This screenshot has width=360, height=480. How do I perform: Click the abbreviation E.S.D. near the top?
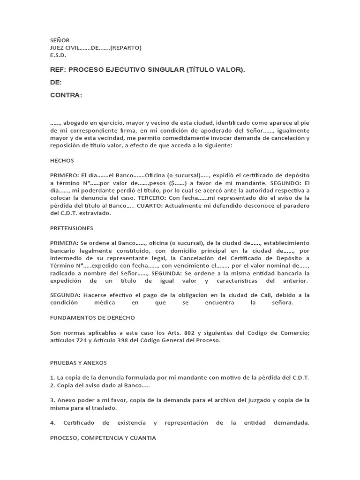[x=58, y=55]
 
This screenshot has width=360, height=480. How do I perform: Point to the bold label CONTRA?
[x=66, y=95]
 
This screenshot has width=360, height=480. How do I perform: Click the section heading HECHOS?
[x=62, y=160]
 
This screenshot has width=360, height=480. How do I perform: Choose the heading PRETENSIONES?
[x=72, y=228]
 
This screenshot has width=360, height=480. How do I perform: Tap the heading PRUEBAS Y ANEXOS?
[x=78, y=363]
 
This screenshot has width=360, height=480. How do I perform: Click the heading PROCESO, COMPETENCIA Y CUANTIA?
[x=103, y=438]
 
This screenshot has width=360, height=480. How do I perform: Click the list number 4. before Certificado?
[x=52, y=423]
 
